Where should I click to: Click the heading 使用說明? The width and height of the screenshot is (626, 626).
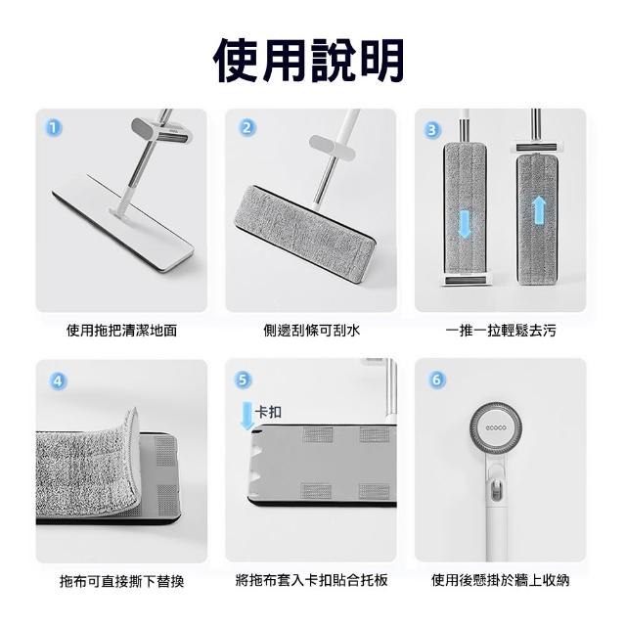[x=309, y=61]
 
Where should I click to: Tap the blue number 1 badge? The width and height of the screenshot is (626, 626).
[x=54, y=128]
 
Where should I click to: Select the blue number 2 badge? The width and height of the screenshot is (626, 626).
[x=247, y=128]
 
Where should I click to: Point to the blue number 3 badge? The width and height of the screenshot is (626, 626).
[x=432, y=130]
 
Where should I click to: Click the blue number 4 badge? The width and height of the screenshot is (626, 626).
[x=58, y=380]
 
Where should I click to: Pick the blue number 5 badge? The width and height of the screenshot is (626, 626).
[x=244, y=380]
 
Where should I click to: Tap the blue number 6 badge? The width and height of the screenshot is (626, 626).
[x=436, y=380]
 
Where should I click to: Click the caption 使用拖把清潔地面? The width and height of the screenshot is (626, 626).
[x=121, y=331]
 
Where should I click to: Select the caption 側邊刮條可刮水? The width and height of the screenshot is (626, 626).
[x=311, y=331]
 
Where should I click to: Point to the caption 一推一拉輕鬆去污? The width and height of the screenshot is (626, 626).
[x=501, y=331]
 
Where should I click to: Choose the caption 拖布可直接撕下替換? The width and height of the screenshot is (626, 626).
[x=121, y=581]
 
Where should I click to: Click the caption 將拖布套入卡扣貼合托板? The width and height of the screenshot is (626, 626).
[x=311, y=580]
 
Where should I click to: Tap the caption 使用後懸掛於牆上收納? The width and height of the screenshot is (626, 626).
[x=500, y=580]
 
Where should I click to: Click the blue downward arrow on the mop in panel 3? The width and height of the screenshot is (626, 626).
[x=464, y=224]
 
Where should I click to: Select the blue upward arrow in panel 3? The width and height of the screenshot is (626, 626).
[x=539, y=210]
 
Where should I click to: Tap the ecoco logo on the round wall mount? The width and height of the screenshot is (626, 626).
[x=496, y=428]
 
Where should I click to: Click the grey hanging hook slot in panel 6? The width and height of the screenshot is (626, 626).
[x=496, y=489]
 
